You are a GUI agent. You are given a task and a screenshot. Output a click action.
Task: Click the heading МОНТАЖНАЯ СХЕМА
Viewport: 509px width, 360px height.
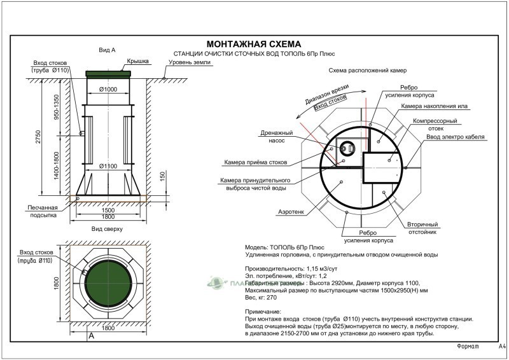[x=253, y=44]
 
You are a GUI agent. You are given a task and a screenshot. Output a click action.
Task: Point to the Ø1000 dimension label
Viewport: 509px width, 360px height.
[x=109, y=90]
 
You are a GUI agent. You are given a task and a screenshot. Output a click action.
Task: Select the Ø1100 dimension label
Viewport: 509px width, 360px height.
[x=109, y=166]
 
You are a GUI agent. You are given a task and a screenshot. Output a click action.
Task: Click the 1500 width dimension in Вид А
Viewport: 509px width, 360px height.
[x=108, y=210]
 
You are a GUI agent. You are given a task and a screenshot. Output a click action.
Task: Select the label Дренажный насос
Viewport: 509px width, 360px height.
[x=276, y=137]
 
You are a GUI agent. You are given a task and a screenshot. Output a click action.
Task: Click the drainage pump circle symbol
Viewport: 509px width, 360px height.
[x=347, y=148]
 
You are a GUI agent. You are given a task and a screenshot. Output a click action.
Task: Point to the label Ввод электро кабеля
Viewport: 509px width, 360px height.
[x=456, y=137]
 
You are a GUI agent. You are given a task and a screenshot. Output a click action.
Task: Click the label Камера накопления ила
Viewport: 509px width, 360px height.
[x=429, y=106]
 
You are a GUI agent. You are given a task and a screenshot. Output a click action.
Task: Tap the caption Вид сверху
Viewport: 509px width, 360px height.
[x=107, y=228]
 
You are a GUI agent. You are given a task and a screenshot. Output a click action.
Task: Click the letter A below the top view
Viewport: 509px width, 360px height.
[x=92, y=335]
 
